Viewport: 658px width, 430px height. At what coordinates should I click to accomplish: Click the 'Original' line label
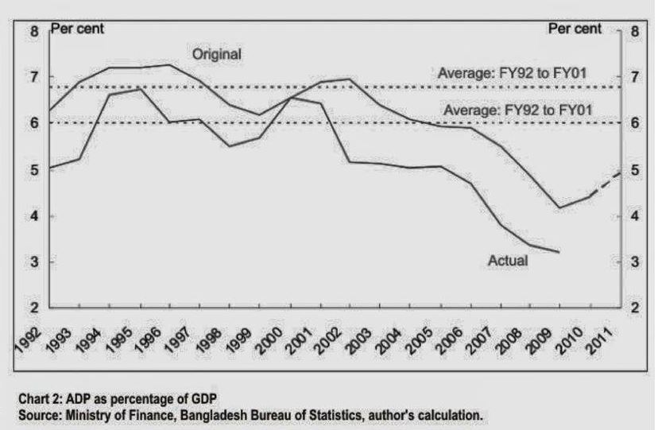(x=217, y=54)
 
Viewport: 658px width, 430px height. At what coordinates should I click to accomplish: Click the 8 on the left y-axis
(x=34, y=32)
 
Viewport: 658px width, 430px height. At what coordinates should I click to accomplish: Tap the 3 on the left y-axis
(x=34, y=262)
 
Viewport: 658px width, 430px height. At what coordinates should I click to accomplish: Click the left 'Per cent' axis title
(x=78, y=29)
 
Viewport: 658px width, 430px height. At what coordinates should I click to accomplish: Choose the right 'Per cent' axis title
(x=575, y=29)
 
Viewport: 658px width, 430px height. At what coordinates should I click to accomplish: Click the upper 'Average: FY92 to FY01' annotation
(x=512, y=74)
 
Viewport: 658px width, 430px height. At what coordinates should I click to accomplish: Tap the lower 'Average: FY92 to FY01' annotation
(x=517, y=109)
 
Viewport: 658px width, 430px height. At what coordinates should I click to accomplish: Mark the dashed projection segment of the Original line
(x=604, y=184)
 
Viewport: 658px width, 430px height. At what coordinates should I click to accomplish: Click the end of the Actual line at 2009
(x=559, y=252)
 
